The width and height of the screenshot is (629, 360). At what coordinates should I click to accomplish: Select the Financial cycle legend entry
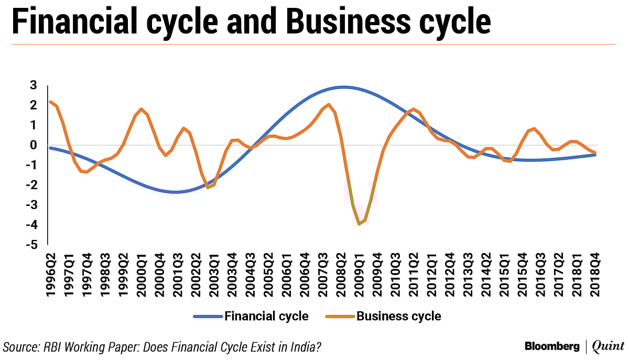pyautogui.click(x=251, y=316)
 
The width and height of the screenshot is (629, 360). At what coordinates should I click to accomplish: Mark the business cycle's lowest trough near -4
pyautogui.click(x=360, y=224)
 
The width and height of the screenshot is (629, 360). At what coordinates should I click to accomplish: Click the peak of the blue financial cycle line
pyautogui.click(x=343, y=87)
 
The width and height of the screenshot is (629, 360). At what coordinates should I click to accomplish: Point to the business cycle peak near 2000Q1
pyautogui.click(x=142, y=109)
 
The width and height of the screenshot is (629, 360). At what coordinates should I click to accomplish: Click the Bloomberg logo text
pyautogui.click(x=551, y=346)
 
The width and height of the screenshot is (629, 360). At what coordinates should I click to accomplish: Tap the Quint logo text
pyautogui.click(x=608, y=346)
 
